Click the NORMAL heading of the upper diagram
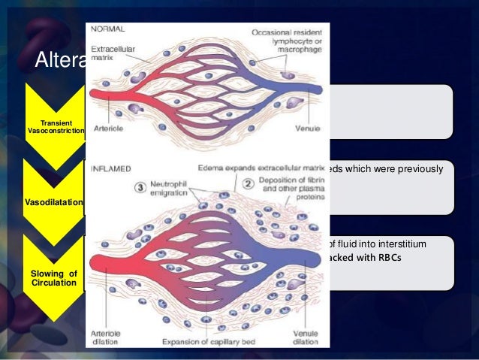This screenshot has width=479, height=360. [x=108, y=28]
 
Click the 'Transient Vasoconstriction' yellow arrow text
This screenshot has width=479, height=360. [x=56, y=126]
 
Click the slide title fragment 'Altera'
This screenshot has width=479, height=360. [x=60, y=59]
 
